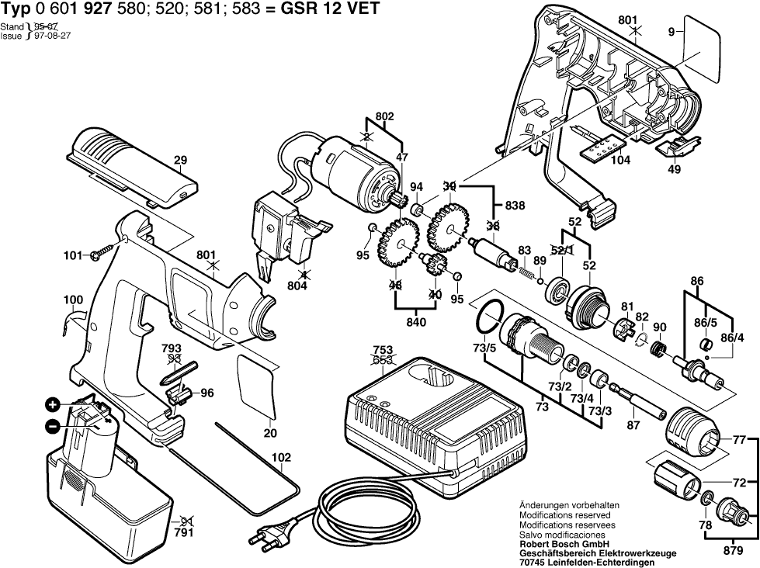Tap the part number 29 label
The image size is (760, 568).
(x=181, y=161)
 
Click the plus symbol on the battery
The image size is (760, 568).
(x=52, y=404)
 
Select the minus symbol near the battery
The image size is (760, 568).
(x=52, y=425)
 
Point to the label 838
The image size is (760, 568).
(x=515, y=207)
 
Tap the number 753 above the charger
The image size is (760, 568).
(x=382, y=350)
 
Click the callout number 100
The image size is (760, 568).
(x=74, y=300)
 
